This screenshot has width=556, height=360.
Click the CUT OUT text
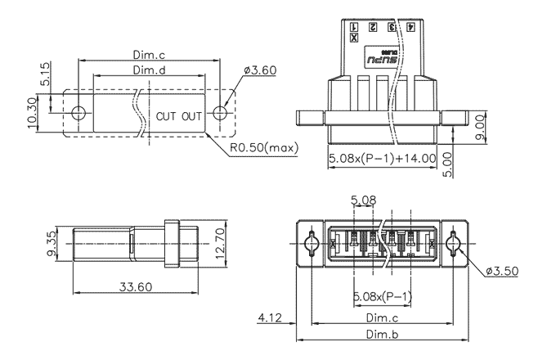coord(178,115)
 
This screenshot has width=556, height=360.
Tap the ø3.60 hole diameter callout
coord(260,70)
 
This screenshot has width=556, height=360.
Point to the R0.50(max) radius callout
coord(263,148)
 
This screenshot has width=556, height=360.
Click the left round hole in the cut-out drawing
coord(78,113)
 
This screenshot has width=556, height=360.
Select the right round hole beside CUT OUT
coord(219,113)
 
